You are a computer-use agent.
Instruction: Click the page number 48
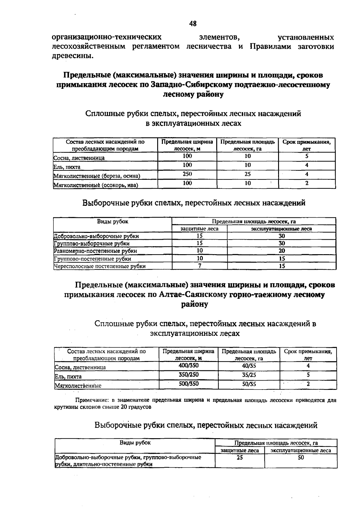(193, 23)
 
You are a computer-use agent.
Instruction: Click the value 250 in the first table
(187, 174)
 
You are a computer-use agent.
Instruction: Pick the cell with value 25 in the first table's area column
(247, 174)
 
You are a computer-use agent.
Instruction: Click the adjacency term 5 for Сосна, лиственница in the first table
(307, 156)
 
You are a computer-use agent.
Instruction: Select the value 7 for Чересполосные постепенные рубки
(199, 266)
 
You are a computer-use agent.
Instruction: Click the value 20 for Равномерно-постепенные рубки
(282, 251)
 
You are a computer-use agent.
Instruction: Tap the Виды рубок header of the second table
(112, 221)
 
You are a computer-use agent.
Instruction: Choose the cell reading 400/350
(188, 366)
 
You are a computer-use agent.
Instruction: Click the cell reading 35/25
(249, 375)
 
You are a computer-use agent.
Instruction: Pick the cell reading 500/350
(188, 384)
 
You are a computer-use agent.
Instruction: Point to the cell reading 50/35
(249, 384)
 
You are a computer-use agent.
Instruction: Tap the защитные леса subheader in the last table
(240, 450)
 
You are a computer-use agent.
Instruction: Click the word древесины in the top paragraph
(71, 56)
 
